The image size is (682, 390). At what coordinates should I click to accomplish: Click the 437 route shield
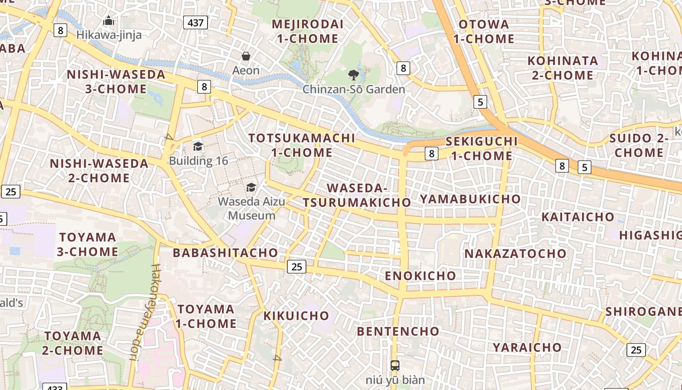pyautogui.click(x=196, y=22)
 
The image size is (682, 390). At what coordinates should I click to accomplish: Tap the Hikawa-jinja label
pyautogui.click(x=109, y=35)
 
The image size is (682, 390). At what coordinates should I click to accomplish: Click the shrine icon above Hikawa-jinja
pyautogui.click(x=109, y=20)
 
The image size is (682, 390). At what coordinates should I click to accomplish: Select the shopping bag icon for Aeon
pyautogui.click(x=246, y=56)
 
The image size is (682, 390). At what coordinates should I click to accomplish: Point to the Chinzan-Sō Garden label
pyautogui.click(x=354, y=89)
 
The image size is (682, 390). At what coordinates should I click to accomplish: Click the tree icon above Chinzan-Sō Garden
pyautogui.click(x=354, y=75)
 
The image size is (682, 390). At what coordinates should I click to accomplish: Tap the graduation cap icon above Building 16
pyautogui.click(x=198, y=146)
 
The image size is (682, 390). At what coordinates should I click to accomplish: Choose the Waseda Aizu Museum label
pyautogui.click(x=251, y=208)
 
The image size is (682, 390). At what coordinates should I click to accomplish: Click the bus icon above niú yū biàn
pyautogui.click(x=395, y=365)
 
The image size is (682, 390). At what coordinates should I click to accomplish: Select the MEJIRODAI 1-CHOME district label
pyautogui.click(x=307, y=31)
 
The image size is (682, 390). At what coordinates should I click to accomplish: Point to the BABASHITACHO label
pyautogui.click(x=226, y=253)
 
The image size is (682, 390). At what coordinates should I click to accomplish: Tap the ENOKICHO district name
pyautogui.click(x=420, y=275)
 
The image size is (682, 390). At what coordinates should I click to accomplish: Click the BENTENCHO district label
pyautogui.click(x=398, y=331)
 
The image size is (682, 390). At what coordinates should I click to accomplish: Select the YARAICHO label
pyautogui.click(x=527, y=347)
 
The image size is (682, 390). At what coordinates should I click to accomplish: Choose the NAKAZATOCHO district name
pyautogui.click(x=515, y=253)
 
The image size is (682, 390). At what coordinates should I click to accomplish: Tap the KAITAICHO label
pyautogui.click(x=578, y=216)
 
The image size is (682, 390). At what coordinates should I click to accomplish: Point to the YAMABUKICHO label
pyautogui.click(x=470, y=198)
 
